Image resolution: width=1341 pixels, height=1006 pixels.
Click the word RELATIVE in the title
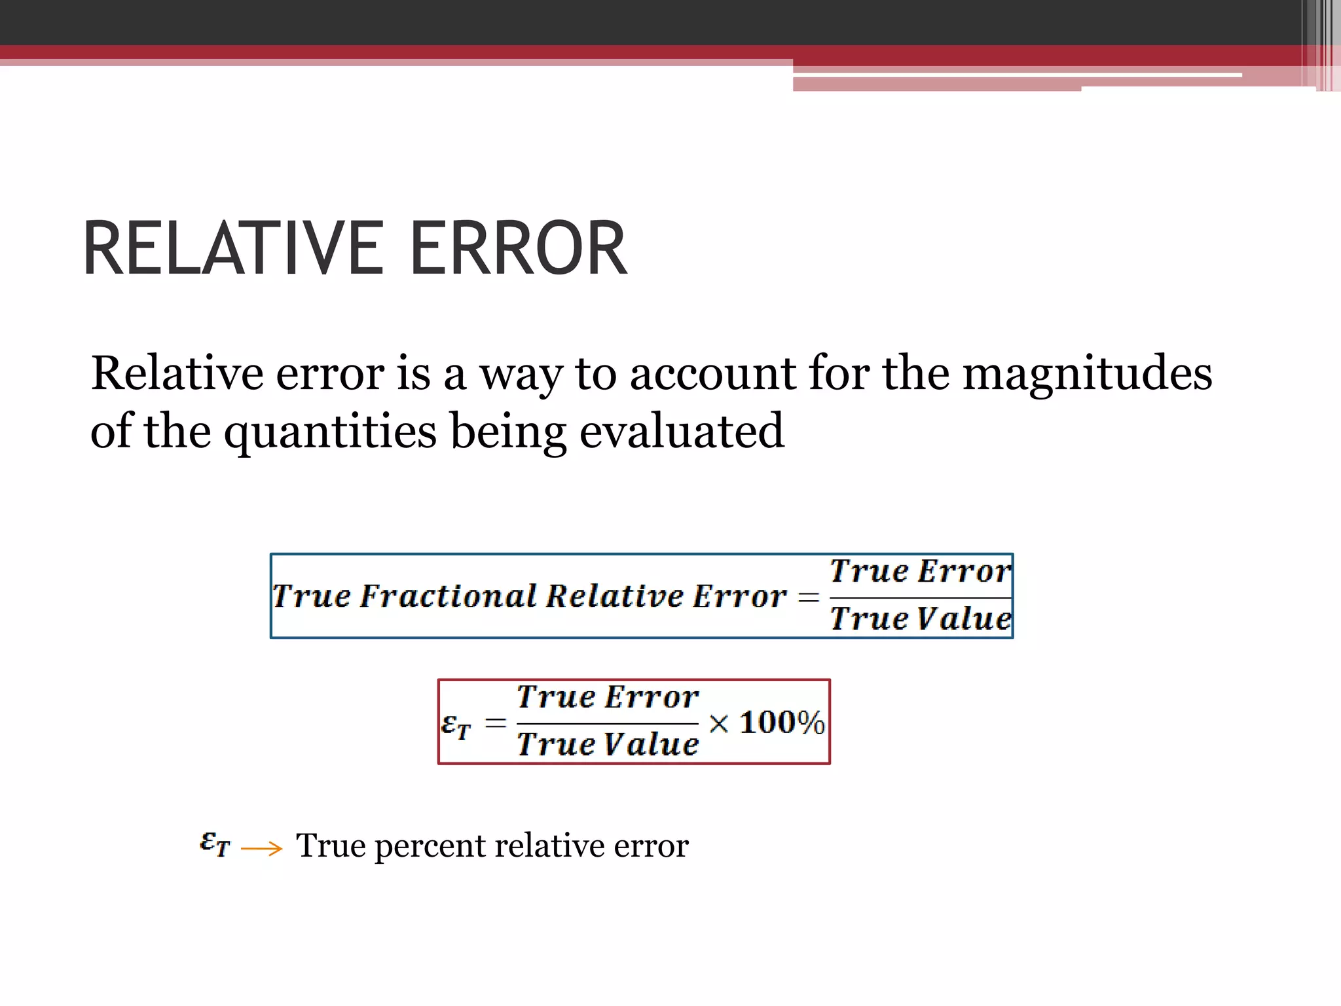[233, 249]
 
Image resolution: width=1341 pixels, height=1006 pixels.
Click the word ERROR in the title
[518, 249]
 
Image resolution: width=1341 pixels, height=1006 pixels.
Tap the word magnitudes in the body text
[1087, 373]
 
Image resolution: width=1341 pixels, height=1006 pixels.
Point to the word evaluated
[682, 431]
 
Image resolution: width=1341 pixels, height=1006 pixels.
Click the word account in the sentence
[712, 373]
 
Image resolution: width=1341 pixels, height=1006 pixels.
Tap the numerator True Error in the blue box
[920, 571]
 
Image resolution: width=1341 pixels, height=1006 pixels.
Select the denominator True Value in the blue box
[920, 619]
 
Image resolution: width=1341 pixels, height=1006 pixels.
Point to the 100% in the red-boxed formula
[782, 723]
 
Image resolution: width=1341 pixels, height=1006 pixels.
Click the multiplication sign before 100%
[718, 724]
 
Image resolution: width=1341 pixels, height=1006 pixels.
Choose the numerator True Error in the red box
[608, 697]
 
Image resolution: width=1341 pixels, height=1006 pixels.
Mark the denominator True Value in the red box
[608, 745]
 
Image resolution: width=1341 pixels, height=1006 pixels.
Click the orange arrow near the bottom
[261, 849]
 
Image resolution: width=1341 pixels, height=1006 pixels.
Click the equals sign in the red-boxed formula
[496, 724]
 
